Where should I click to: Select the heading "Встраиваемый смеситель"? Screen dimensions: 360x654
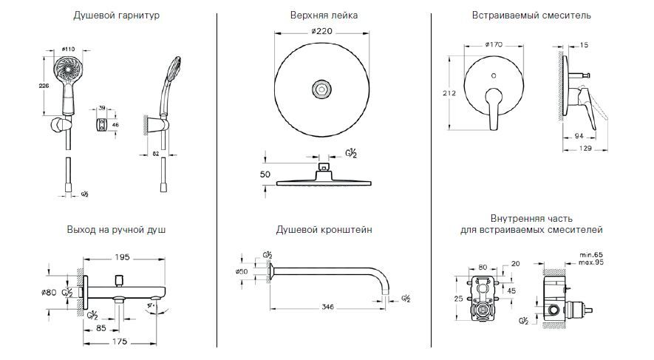click(531, 15)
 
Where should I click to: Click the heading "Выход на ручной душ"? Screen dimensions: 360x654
click(116, 230)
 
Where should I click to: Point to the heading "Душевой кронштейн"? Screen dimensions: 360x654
click(324, 230)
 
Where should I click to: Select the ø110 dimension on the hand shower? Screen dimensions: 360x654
click(69, 49)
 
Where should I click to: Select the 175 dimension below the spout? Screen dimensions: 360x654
click(118, 342)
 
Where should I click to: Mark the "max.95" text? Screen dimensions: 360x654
click(592, 262)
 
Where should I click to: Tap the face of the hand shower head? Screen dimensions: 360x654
click(66, 72)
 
